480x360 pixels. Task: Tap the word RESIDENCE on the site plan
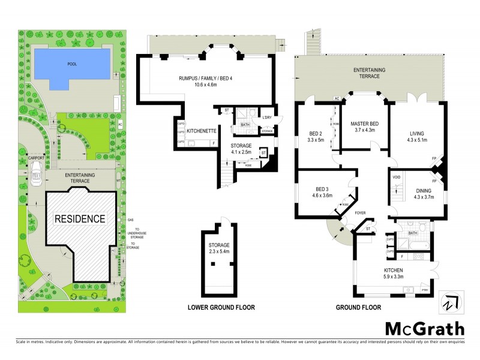click(80, 218)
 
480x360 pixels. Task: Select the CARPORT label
click(37, 158)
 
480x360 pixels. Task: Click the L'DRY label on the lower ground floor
click(266, 117)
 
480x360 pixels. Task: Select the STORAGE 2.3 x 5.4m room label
click(220, 248)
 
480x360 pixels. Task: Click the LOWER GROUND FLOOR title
click(220, 308)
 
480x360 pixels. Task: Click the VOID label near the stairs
click(396, 178)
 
